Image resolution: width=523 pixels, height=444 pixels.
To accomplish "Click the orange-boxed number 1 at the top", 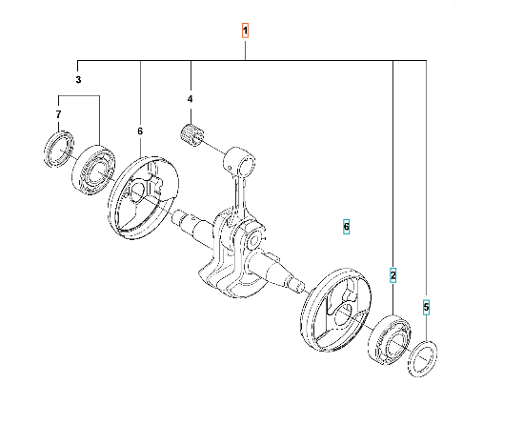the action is (x=245, y=30).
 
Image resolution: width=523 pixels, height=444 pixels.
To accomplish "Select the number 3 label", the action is (x=78, y=80).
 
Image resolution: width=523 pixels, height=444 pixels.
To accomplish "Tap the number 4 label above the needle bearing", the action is (x=191, y=99).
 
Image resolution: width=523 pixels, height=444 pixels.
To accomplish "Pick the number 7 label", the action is (x=59, y=114).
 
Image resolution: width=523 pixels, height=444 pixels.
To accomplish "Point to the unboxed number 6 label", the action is (x=140, y=131).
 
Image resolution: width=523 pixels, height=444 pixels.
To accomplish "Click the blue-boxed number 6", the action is (x=346, y=227).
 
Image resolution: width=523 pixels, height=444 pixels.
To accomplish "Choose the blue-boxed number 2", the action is (x=393, y=275).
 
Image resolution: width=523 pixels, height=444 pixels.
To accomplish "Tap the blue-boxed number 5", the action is (x=426, y=307).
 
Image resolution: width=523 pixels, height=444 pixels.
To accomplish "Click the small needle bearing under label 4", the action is (x=191, y=134).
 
